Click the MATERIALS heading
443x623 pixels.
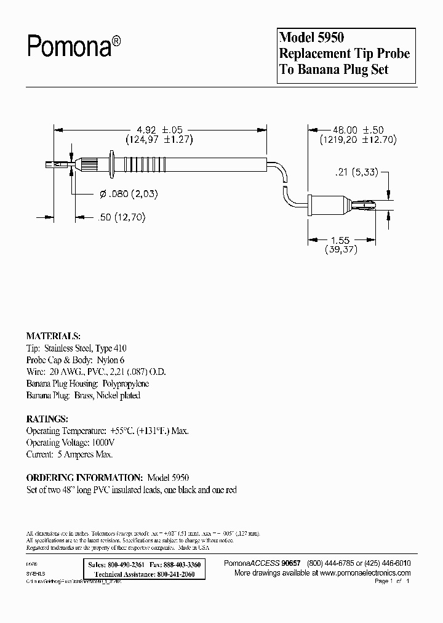tap(53, 336)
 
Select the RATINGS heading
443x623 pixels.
tap(47, 419)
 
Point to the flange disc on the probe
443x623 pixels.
tap(111, 164)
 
